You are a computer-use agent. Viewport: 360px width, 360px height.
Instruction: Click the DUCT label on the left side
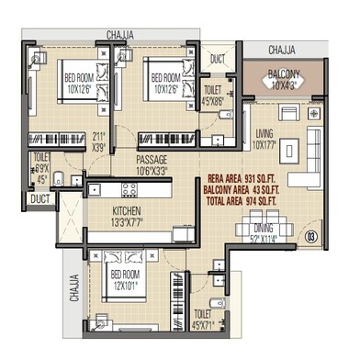39,197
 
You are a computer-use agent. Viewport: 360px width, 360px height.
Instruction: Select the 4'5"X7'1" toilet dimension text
203,349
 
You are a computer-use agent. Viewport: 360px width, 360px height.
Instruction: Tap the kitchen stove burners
129,190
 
